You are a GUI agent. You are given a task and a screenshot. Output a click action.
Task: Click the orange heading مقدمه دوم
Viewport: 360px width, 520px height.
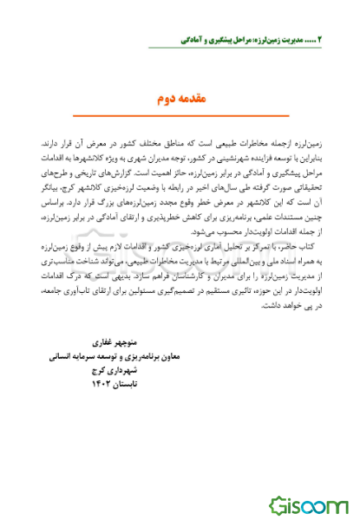coord(180,99)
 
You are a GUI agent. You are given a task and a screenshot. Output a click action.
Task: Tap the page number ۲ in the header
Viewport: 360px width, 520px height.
coord(319,40)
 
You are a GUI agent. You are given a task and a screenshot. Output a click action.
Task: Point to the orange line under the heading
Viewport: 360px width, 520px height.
coord(180,115)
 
